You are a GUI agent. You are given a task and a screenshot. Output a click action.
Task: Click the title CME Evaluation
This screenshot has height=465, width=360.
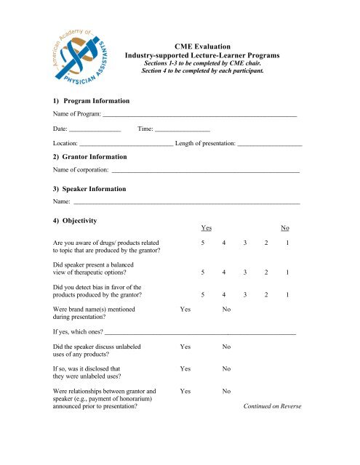pos(207,45)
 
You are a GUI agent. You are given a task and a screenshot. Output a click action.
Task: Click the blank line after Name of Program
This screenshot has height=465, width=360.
pos(200,116)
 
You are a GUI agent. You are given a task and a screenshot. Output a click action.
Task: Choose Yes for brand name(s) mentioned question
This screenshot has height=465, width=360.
pos(185,310)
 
